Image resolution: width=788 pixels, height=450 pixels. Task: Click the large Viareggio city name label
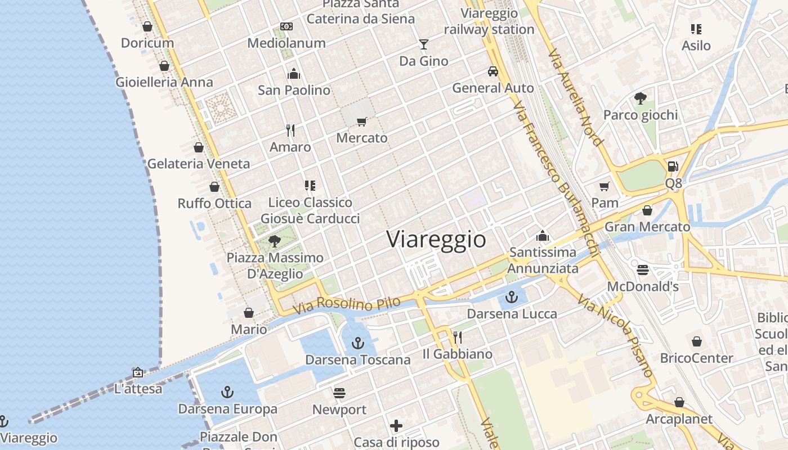coord(436,240)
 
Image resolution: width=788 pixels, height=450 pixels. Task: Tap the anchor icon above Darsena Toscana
coord(358,343)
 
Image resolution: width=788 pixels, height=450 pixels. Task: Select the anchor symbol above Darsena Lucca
coord(512,297)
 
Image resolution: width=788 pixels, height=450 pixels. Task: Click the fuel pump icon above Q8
coord(673,166)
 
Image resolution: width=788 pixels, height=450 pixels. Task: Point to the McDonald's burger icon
coord(643,270)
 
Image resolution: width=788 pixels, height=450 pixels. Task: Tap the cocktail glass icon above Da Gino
coord(423,44)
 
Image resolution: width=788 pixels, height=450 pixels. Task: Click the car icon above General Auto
coord(493,71)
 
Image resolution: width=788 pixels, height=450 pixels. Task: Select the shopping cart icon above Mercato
coord(362,121)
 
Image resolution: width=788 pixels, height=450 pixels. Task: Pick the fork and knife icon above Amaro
coord(290,130)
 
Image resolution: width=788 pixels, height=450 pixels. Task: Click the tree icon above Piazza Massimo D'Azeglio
coord(275,241)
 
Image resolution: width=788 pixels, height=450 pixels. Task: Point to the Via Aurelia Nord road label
coord(576,97)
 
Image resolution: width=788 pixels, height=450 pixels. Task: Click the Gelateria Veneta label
coord(199,164)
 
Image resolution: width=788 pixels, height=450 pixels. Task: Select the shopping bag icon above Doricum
coord(147,26)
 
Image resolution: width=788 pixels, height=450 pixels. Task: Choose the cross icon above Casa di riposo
coord(396,426)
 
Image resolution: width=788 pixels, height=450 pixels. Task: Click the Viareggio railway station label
coord(489,21)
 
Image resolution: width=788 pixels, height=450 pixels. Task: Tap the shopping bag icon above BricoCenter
coord(697,341)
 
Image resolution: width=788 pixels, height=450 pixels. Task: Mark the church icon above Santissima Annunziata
coord(543,236)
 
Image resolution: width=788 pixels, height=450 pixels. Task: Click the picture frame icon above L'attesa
coord(138,372)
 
